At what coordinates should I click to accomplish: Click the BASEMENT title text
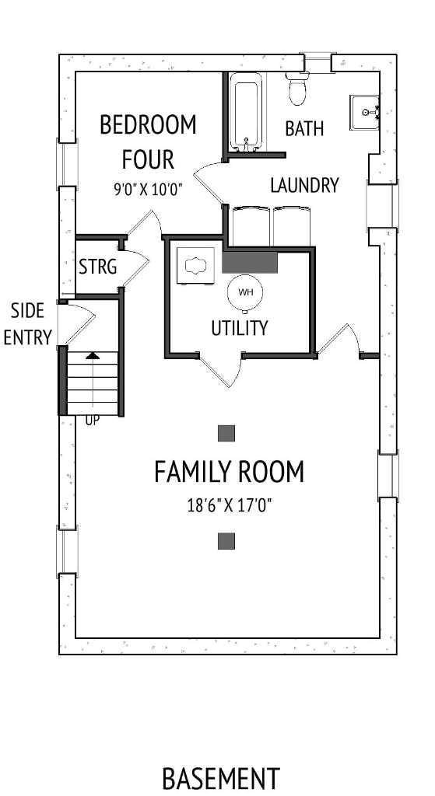coord(220,778)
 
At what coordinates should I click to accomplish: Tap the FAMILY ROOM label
coord(229,472)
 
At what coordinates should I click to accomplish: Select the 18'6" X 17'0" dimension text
coord(229,505)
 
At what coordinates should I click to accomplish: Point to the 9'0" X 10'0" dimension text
coord(148,188)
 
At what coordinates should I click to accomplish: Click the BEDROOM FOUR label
coord(148,141)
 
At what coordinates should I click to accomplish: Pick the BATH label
coord(304,128)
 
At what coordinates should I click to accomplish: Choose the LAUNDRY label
coord(304,185)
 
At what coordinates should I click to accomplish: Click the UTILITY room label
coord(240,328)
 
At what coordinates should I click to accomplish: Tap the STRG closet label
coord(98,267)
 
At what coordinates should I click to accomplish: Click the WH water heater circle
coord(245,292)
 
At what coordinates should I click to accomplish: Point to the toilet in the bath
coord(296,88)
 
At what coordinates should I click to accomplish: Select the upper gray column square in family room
coord(226,433)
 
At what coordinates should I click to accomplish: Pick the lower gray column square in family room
coord(226,541)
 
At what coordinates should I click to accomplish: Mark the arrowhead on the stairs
coord(93,355)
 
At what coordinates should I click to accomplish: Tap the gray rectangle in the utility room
coord(250,262)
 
